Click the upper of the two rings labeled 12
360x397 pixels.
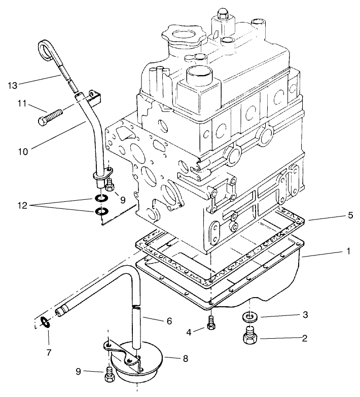click(101, 199)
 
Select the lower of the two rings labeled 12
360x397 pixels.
click(101, 210)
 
